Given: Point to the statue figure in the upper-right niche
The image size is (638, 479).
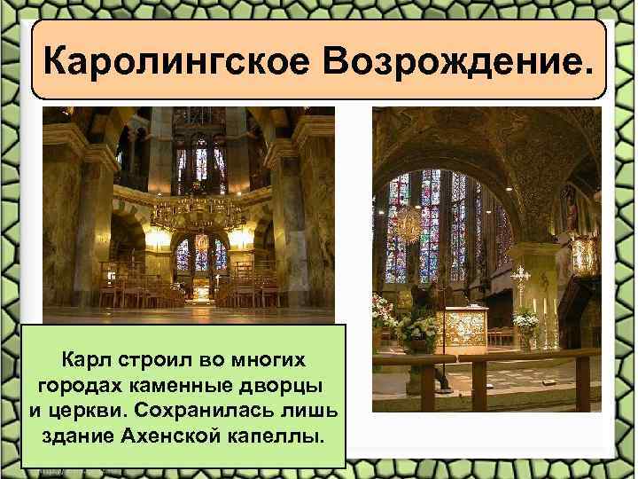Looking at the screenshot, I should pyautogui.click(x=571, y=208).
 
